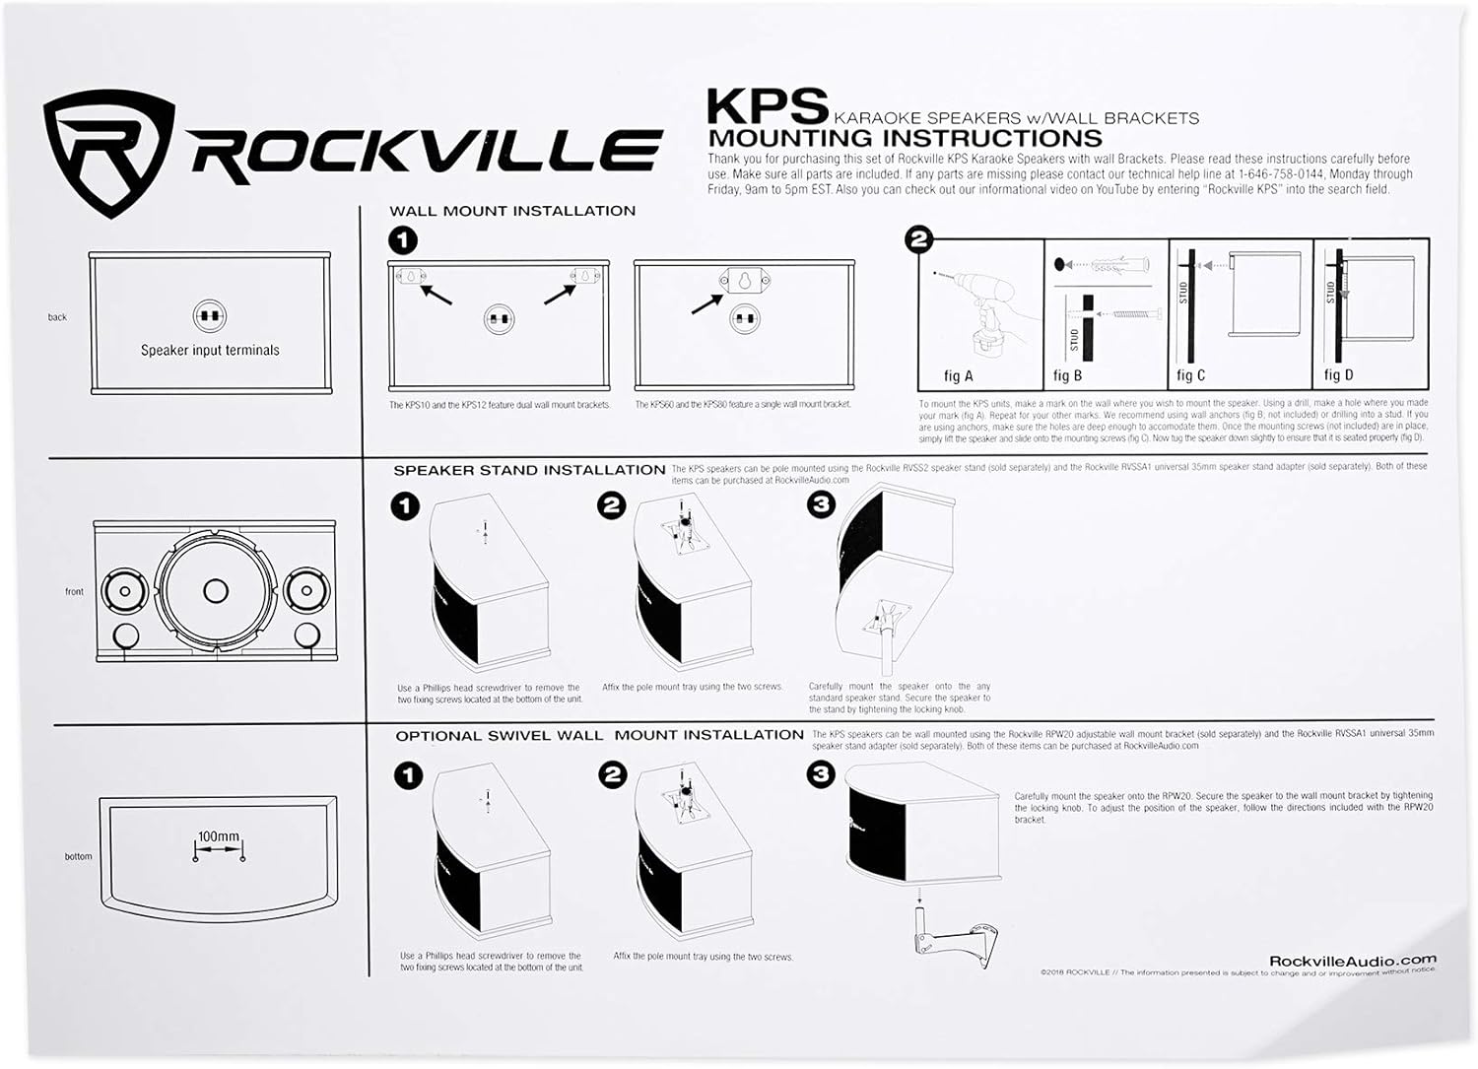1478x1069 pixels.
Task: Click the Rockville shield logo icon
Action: tap(109, 153)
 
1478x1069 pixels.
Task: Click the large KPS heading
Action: tap(768, 104)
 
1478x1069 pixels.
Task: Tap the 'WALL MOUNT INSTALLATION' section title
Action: tap(512, 211)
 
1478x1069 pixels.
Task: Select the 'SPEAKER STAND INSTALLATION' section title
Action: tap(529, 470)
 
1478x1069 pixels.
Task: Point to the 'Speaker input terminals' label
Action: tap(210, 350)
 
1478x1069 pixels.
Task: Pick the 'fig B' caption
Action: tap(1067, 375)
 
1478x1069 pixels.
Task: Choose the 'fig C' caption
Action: tap(1190, 375)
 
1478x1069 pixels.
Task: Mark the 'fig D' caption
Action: tap(1338, 375)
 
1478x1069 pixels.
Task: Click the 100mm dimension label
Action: tap(218, 836)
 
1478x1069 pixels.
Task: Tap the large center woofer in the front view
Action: tap(215, 590)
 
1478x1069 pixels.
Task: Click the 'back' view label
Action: tap(57, 317)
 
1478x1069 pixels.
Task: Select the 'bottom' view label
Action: tap(78, 856)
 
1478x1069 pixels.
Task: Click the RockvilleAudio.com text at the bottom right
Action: tap(1352, 960)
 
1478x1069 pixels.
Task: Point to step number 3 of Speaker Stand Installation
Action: tap(821, 505)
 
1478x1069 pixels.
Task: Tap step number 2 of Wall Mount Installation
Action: tap(918, 239)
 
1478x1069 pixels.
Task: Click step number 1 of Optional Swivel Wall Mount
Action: tap(408, 775)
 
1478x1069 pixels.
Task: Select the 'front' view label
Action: tap(75, 592)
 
